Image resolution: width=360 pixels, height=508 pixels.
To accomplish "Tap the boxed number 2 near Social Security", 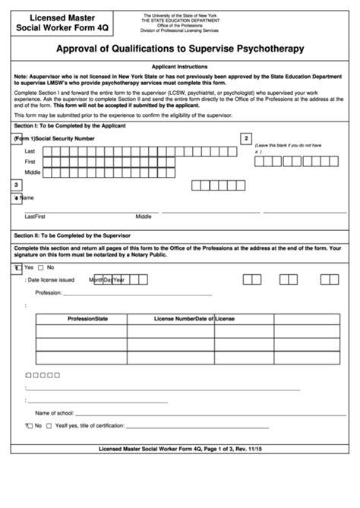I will point(245,138).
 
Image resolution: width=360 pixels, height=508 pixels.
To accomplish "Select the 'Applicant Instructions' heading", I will point(179,67).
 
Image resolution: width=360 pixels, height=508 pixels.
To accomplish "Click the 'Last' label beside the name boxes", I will point(30,151).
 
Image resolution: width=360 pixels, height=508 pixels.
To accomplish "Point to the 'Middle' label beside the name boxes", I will point(33,172).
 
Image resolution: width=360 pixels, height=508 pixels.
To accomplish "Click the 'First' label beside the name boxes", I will point(30,162).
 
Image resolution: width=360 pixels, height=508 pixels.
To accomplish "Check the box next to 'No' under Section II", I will point(42,268).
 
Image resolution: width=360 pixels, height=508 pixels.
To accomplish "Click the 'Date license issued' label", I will point(51,280).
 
